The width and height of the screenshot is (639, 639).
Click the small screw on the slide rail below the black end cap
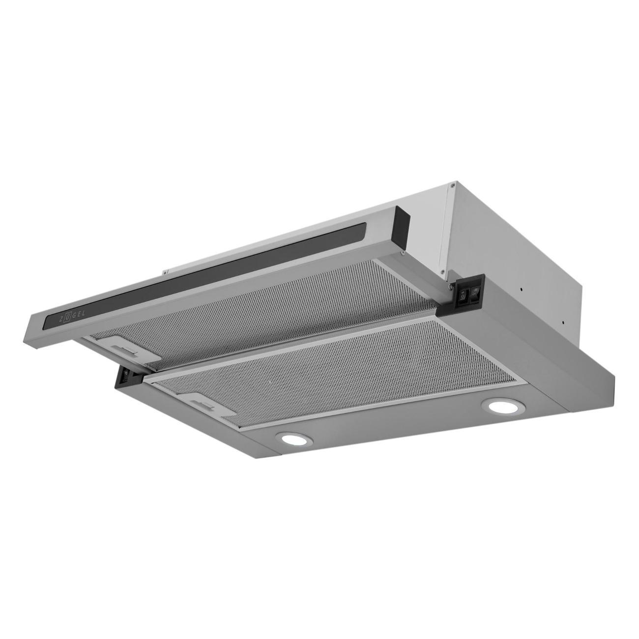click(402, 254)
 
